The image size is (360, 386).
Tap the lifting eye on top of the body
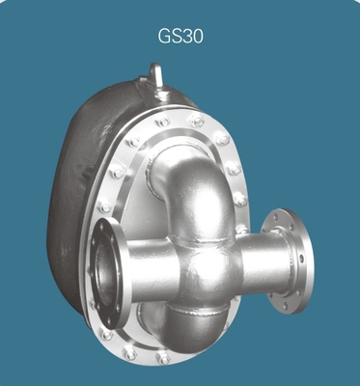[156, 76]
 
